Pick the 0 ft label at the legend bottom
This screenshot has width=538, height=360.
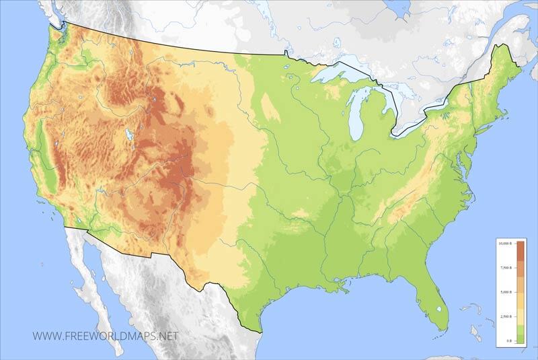coord(508,341)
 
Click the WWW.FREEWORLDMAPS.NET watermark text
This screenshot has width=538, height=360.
coord(105,335)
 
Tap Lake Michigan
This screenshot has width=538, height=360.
coord(355,111)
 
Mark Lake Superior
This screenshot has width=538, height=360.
coord(336,73)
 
